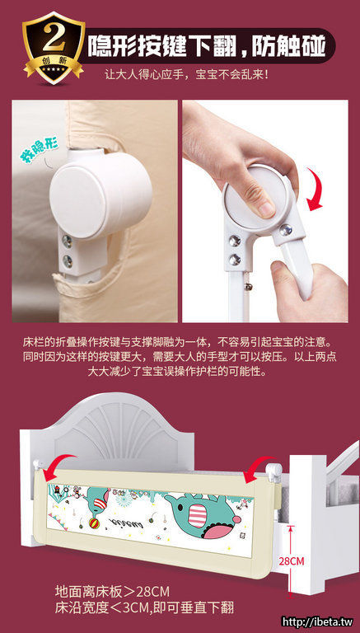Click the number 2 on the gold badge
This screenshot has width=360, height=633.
tap(54, 40)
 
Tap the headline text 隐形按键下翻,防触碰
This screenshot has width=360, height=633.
tap(206, 45)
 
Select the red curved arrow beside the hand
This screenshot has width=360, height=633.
tap(315, 190)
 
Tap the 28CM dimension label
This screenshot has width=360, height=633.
tap(292, 561)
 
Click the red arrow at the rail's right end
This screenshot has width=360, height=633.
tap(258, 468)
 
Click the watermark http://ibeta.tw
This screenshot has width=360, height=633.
tap(317, 622)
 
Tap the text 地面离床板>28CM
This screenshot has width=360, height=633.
tap(112, 592)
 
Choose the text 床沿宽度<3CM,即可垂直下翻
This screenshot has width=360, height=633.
tap(144, 607)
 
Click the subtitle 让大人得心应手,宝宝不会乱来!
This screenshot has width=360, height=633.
tap(186, 75)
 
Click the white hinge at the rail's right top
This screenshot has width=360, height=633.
tap(274, 470)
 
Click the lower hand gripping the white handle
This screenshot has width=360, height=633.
tap(306, 291)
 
